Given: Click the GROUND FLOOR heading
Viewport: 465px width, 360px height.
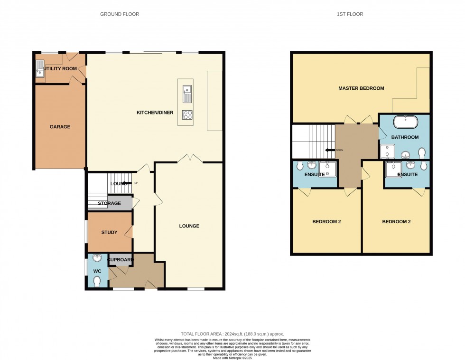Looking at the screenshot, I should click(120, 14).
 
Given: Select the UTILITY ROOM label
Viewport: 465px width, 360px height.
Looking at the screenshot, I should click(60, 69).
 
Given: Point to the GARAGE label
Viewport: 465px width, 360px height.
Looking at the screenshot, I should click(60, 127).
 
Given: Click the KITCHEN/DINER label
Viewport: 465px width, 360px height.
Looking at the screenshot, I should click(155, 113).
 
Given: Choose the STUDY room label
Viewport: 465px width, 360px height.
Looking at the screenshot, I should click(109, 232).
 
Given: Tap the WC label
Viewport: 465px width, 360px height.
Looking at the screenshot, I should click(97, 271).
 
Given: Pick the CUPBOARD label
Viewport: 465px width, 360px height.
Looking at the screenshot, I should click(121, 260).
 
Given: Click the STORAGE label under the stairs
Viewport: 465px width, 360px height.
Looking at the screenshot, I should click(109, 203).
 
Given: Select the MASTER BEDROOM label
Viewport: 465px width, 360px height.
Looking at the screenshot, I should click(361, 88).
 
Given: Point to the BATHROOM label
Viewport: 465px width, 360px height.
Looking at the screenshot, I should click(405, 137).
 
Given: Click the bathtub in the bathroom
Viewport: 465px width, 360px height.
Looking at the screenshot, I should click(406, 122).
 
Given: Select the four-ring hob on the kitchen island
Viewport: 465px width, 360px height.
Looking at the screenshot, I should click(187, 114).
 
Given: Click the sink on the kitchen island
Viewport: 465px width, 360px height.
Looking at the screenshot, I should click(187, 94).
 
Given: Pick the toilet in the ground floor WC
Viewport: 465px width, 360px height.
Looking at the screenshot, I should click(97, 282).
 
